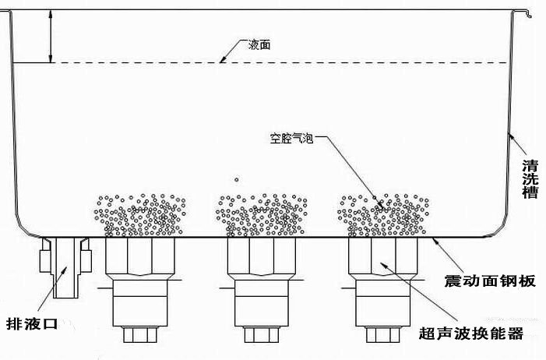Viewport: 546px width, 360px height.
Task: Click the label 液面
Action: [259, 45]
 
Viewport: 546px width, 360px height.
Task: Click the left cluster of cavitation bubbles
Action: [141, 215]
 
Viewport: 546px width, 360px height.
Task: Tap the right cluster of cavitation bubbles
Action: [383, 215]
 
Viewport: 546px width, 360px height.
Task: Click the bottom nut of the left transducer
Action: [141, 335]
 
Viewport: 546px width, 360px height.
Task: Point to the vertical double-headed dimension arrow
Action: [51, 36]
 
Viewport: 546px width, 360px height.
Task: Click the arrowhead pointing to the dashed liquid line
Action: [224, 59]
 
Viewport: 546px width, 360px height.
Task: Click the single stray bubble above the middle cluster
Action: [236, 178]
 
